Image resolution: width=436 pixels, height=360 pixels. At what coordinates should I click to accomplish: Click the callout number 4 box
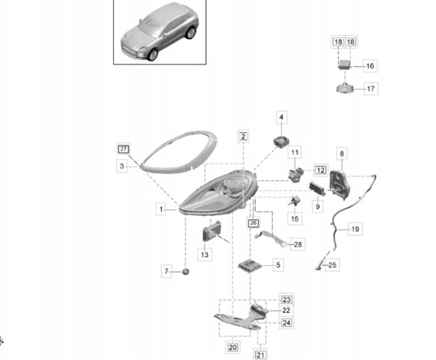282,117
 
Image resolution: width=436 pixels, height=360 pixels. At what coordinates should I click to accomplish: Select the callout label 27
124,149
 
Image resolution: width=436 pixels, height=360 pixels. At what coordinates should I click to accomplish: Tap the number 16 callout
370,66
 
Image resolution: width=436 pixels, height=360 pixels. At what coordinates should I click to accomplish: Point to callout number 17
371,88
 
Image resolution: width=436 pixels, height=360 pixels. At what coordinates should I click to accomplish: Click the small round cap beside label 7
186,271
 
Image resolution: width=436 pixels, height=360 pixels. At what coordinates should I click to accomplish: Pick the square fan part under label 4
280,141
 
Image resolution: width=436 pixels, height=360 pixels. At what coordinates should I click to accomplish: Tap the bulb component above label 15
294,201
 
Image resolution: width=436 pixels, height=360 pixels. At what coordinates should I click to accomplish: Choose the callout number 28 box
298,244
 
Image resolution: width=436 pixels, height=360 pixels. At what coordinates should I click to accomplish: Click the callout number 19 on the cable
355,229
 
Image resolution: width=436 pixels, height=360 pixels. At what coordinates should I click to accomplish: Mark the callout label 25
333,265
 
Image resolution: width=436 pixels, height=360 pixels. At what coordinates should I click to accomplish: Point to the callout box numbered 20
232,347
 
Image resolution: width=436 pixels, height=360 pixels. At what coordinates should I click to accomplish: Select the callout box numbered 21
260,355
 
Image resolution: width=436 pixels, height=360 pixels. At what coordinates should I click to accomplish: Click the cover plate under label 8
340,185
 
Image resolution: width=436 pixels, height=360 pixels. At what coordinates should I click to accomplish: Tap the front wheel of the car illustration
153,55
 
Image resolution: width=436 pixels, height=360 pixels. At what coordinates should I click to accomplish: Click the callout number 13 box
205,254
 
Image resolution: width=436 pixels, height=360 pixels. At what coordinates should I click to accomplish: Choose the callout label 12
321,170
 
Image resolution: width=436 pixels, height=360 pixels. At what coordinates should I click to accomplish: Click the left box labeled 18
338,42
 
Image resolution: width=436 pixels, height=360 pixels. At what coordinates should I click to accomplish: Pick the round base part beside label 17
345,88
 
